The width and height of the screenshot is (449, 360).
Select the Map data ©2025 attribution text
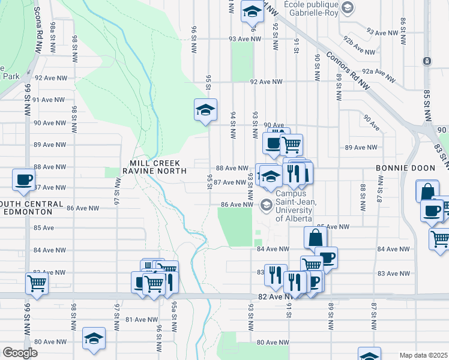tap(423, 355)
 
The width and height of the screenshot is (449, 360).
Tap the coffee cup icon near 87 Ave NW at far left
tap(24, 179)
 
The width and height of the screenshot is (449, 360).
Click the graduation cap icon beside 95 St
tap(205, 110)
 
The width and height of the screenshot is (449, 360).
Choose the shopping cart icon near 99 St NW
tap(37, 283)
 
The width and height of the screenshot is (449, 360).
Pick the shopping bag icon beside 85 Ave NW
tap(315, 238)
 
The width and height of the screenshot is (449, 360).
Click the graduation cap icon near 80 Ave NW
tap(94, 338)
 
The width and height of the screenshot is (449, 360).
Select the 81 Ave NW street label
tap(143, 320)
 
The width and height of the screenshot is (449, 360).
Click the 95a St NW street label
tap(174, 321)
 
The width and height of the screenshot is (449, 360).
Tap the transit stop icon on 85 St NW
tap(427, 61)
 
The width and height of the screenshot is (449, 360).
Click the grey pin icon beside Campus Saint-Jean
tap(265, 206)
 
